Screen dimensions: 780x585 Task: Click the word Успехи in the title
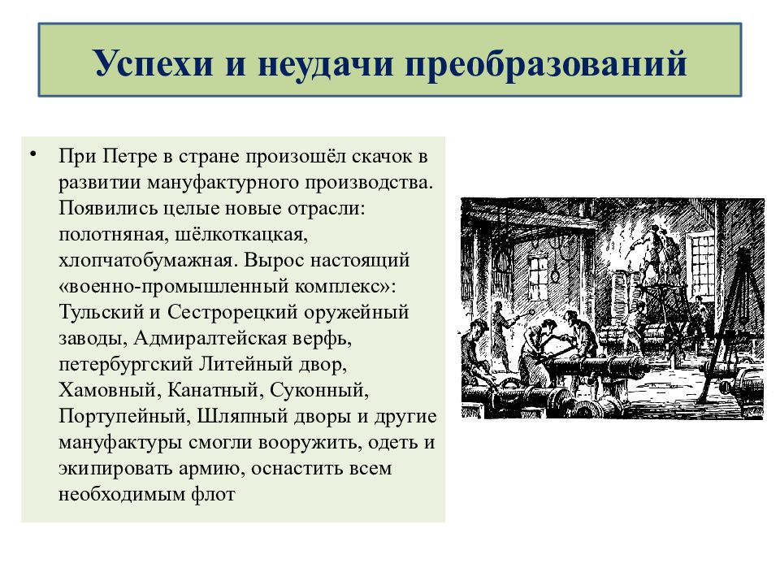(x=154, y=63)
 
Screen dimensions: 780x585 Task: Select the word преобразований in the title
(x=546, y=63)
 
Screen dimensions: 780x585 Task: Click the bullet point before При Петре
(x=32, y=154)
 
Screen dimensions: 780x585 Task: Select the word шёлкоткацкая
(x=241, y=234)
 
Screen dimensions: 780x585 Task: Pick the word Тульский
(x=101, y=312)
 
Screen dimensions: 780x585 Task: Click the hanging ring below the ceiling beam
(x=556, y=276)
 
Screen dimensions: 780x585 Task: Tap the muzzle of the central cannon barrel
(x=644, y=366)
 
